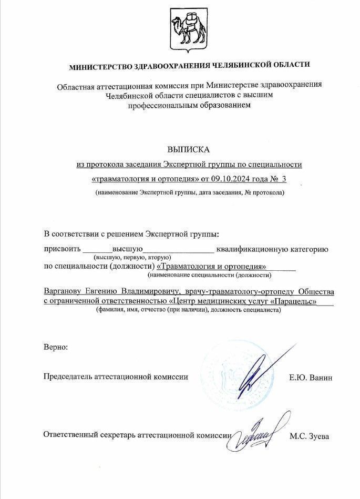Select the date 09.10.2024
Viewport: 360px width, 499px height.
click(239, 179)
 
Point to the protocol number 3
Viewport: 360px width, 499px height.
click(284, 179)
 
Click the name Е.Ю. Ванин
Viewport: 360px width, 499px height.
click(311, 378)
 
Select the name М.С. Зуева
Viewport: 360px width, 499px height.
click(310, 436)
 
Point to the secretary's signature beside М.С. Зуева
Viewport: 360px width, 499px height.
click(258, 434)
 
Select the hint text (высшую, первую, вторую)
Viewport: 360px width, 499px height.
click(132, 257)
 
